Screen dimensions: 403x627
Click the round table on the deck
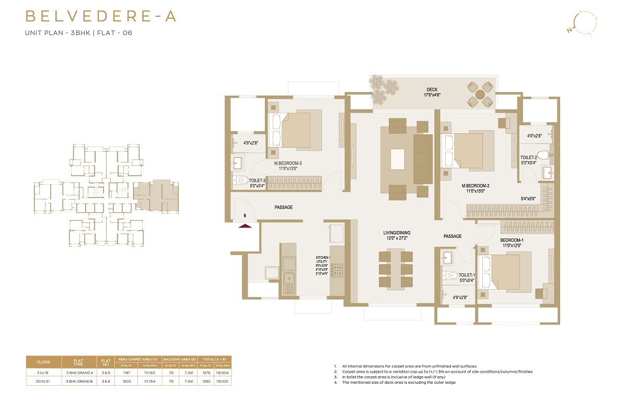point(480,95)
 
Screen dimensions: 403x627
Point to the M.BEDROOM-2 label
point(474,186)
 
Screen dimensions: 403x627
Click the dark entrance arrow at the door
point(245,226)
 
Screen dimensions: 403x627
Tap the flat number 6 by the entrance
point(244,215)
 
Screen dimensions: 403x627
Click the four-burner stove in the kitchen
point(337,270)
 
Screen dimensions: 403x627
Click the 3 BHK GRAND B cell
point(79,382)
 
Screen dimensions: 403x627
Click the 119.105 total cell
point(222,382)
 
